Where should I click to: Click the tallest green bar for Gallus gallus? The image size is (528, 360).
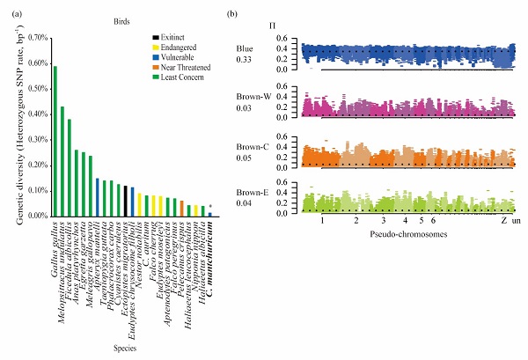click(55, 141)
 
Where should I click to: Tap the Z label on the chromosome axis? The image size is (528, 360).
click(502, 223)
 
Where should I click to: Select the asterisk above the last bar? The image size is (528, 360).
click(209, 207)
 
